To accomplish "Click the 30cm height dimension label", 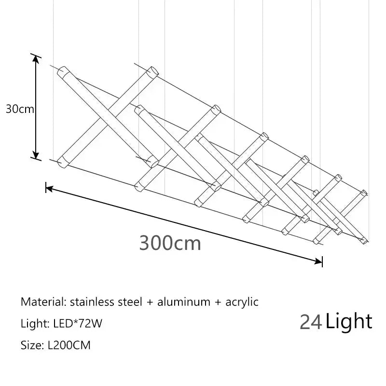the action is pyautogui.click(x=20, y=109).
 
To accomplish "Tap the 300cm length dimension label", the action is pyautogui.click(x=170, y=243).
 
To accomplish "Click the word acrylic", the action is pyautogui.click(x=242, y=303).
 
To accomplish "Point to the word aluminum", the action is pyautogui.click(x=184, y=302).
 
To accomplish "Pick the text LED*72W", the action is pyautogui.click(x=78, y=323).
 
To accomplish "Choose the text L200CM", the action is pyautogui.click(x=69, y=345).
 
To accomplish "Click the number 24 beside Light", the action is pyautogui.click(x=311, y=322).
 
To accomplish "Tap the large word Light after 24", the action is pyautogui.click(x=349, y=321).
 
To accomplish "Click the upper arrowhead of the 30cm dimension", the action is pyautogui.click(x=36, y=59).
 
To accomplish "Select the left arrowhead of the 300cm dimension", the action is pyautogui.click(x=49, y=189).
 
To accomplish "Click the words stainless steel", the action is pyautogui.click(x=106, y=302).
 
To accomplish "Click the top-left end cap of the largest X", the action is pyautogui.click(x=62, y=71).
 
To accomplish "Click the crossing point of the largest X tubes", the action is pyautogui.click(x=108, y=117).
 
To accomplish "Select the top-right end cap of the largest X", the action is pyautogui.click(x=152, y=72).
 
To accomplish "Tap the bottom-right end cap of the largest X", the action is pyautogui.click(x=153, y=162).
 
